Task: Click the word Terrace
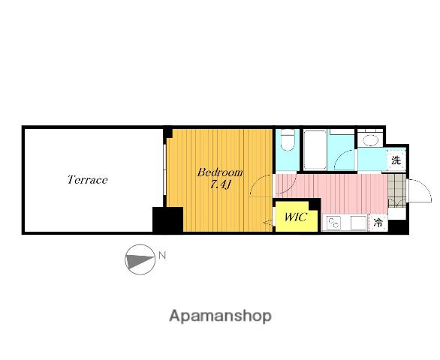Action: [x=88, y=179]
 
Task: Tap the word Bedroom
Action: [x=220, y=172]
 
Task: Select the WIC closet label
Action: [x=296, y=217]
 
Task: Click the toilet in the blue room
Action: [x=288, y=139]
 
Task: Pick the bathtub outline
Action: [x=315, y=150]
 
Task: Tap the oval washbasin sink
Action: [x=370, y=139]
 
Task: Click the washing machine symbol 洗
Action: [x=396, y=160]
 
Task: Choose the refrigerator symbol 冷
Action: [x=378, y=223]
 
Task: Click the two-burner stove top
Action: [x=334, y=223]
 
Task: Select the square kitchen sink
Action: [x=359, y=223]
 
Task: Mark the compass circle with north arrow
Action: [x=140, y=259]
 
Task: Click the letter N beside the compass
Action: [x=162, y=256]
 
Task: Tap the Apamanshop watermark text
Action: [x=220, y=316]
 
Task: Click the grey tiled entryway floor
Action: [x=396, y=190]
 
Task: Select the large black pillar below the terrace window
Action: [x=167, y=220]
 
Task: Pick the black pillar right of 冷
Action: [x=398, y=226]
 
